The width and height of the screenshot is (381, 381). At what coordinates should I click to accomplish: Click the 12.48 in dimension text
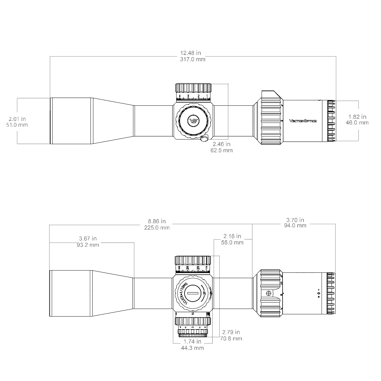coord(190,53)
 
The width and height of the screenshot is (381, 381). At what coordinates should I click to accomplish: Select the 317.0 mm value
coord(193,59)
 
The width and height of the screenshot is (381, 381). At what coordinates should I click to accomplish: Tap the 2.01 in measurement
coord(17,119)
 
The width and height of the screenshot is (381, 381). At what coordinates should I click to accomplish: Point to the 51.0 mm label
coord(17,125)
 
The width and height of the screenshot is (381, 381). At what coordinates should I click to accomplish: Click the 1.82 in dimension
coord(357,117)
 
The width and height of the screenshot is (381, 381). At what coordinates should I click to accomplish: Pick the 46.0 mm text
coord(357,123)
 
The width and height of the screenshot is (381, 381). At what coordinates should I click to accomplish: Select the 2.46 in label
coord(222,144)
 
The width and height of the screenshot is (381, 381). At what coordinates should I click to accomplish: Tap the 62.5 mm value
coord(222,150)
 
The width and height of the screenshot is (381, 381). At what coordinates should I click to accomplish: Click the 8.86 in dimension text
coord(157,221)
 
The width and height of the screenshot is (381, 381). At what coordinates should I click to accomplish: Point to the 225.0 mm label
coord(157,227)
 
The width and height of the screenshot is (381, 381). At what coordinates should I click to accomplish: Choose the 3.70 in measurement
coord(295,220)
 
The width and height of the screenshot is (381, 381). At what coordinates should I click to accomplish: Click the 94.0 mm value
coord(295,225)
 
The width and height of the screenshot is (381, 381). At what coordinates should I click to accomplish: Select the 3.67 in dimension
coord(88,238)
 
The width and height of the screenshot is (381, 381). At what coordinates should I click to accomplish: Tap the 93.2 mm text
coord(88,245)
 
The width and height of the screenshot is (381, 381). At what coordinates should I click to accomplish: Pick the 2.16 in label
coord(232,236)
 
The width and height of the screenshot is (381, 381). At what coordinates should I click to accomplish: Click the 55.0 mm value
coord(232,243)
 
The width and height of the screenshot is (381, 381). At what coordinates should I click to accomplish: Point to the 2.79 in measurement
coord(231,332)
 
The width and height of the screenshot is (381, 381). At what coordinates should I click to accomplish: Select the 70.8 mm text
coord(231,338)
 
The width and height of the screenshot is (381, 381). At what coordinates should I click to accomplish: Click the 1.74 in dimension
coord(192,342)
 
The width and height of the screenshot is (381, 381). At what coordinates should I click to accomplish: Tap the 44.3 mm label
coord(192,348)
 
